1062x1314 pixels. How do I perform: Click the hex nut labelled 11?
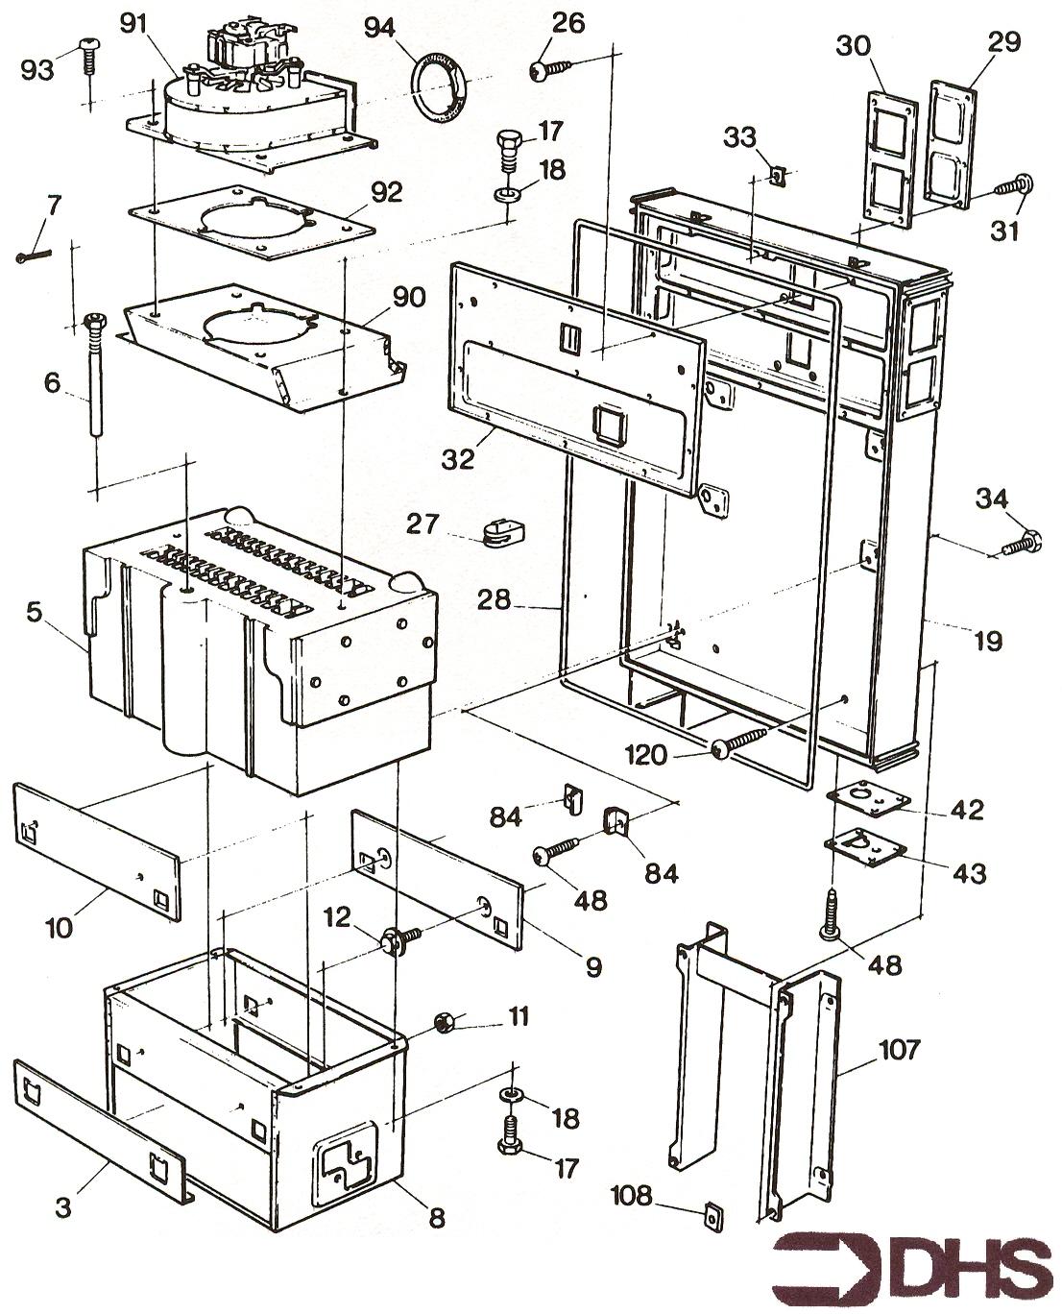445,1021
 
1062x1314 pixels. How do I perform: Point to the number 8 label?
437,1219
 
